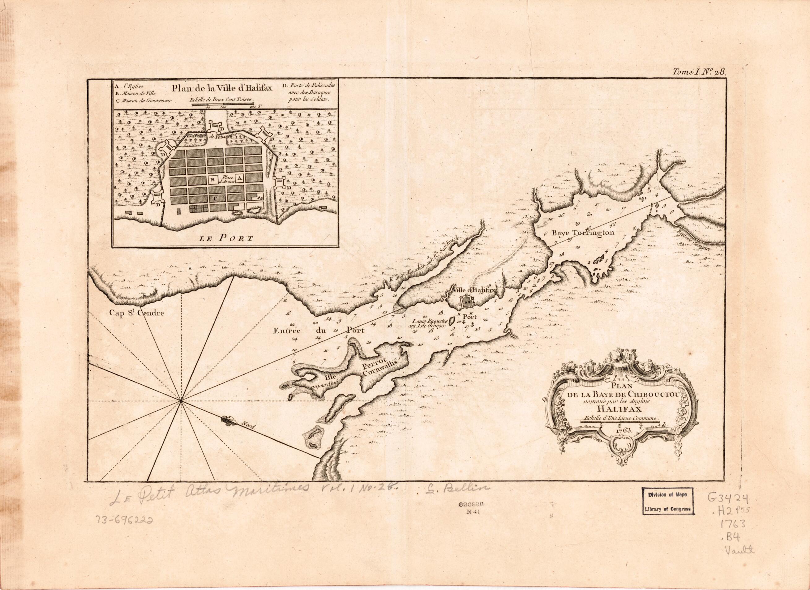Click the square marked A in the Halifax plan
[239, 177]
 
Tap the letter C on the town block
[215, 198]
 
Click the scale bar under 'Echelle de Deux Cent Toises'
[223, 104]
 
